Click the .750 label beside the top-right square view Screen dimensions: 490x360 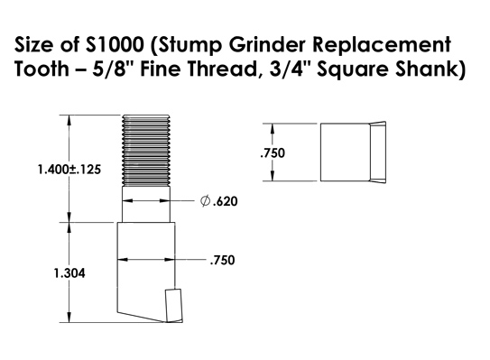(x=272, y=153)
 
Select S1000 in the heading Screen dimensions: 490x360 (x=106, y=45)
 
